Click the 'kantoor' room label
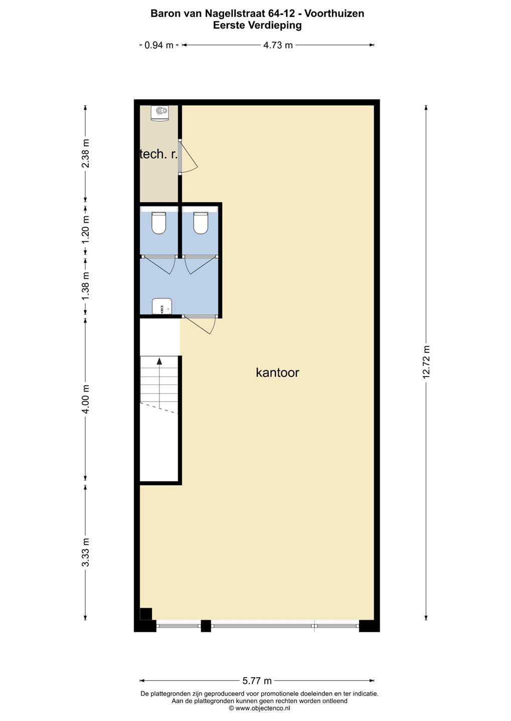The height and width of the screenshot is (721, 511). (x=277, y=373)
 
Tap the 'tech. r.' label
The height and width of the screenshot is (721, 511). (x=158, y=155)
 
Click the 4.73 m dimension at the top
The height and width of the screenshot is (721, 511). (x=278, y=45)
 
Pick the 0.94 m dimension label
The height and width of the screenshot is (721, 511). (x=158, y=45)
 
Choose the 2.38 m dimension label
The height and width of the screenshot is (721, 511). (x=85, y=154)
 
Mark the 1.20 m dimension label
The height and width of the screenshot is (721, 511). (x=85, y=230)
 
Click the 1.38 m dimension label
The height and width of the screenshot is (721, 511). (x=85, y=287)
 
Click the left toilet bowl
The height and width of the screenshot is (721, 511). (x=158, y=223)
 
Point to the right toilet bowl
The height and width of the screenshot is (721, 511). (x=201, y=223)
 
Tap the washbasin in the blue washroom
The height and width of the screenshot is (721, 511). (x=162, y=306)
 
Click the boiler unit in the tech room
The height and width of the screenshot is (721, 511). (x=160, y=113)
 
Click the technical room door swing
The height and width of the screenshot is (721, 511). (x=189, y=157)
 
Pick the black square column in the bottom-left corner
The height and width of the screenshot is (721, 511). (x=146, y=614)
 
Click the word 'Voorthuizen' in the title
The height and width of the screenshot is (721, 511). (x=334, y=14)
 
